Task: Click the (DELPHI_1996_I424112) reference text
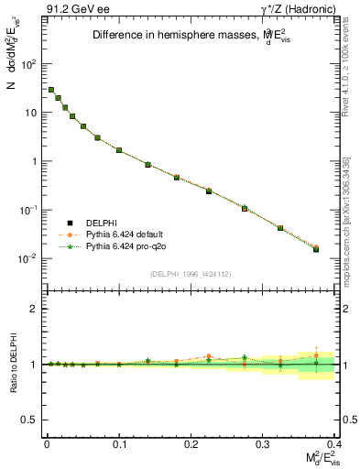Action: pyautogui.click(x=190, y=274)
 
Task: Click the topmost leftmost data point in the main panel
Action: pyautogui.click(x=50, y=90)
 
